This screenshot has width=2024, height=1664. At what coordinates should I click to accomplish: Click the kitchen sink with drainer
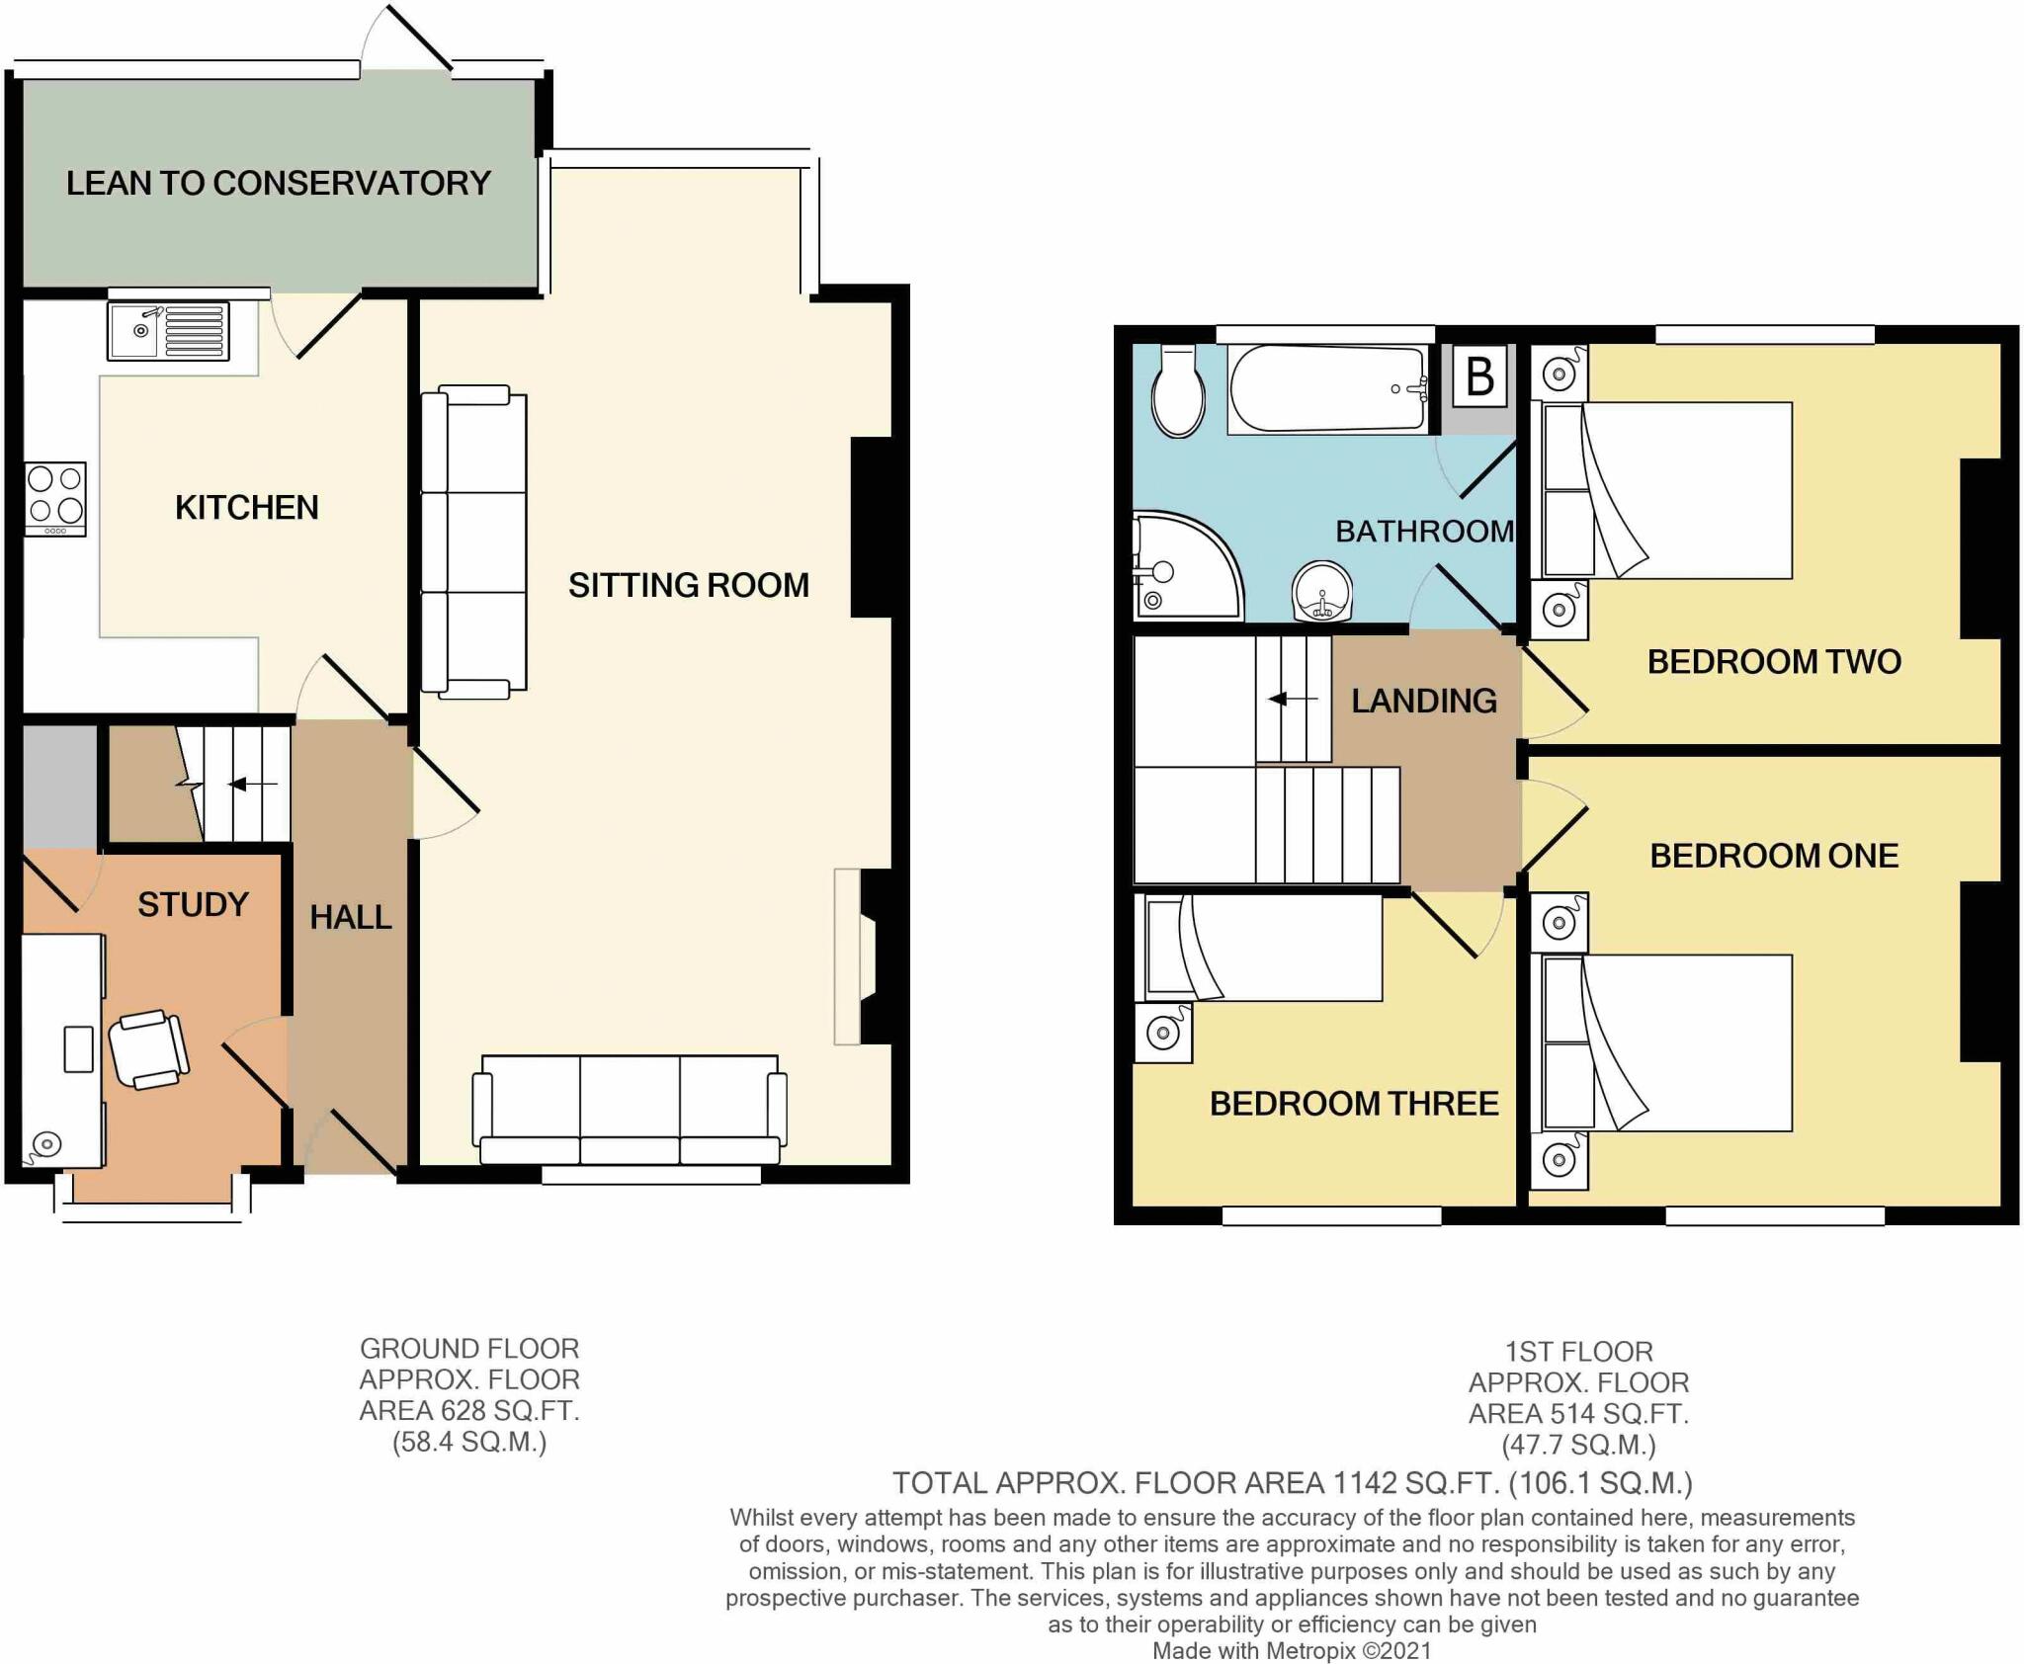[x=168, y=332]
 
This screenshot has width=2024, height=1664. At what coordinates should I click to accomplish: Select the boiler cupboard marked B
[x=1479, y=376]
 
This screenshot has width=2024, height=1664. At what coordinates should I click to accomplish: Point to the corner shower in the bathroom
[x=1181, y=568]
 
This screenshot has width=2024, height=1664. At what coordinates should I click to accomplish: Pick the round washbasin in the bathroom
[x=1322, y=591]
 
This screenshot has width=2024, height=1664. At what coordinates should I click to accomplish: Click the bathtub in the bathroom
[x=1327, y=389]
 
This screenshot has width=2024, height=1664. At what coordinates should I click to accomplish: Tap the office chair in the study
[x=148, y=1049]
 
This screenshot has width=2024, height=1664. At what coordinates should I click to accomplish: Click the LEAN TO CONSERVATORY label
[x=278, y=183]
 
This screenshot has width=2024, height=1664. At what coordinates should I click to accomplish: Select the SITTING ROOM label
[x=688, y=585]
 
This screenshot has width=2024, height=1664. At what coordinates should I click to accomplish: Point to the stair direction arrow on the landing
[x=1293, y=700]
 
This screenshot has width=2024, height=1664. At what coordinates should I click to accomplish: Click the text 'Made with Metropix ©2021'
[x=1291, y=1651]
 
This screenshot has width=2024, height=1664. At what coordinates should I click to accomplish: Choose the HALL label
[x=351, y=917]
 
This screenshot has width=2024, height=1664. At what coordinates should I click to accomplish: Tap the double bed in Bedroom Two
[x=1668, y=490]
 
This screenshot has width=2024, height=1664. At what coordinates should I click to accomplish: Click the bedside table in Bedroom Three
[x=1163, y=1034]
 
